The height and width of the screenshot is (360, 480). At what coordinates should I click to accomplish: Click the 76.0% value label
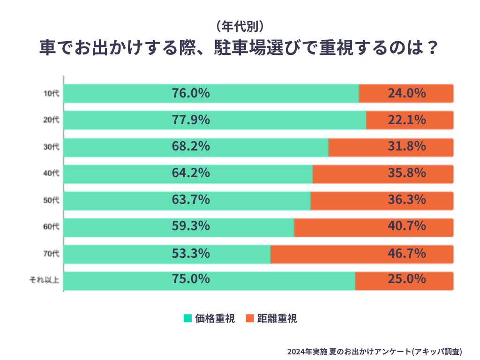pos(190,93)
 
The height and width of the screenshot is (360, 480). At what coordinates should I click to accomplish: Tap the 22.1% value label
pos(406,120)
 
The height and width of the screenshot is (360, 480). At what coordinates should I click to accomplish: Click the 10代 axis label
pos(51,93)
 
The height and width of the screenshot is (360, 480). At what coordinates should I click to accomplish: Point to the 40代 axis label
pos(51,174)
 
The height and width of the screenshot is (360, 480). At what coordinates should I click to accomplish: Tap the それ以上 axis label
pos(45,281)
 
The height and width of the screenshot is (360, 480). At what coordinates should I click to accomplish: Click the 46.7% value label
pos(406,254)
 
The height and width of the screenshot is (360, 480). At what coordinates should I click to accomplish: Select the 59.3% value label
pos(190,227)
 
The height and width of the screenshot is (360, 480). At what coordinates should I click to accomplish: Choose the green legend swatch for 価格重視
pos(187,318)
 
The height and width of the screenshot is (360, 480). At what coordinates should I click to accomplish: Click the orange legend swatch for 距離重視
pos(249,318)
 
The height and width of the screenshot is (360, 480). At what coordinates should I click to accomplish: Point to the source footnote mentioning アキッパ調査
pos(375,351)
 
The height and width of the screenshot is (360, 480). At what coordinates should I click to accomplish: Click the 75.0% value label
pos(190,280)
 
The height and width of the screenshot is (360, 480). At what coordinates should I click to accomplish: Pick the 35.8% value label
pos(406,173)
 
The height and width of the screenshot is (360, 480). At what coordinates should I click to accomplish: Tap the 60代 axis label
pos(51,228)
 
